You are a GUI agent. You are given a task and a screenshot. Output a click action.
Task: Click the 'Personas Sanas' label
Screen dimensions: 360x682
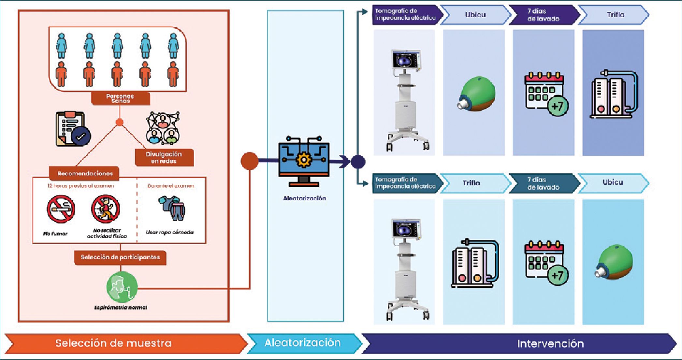[120, 98]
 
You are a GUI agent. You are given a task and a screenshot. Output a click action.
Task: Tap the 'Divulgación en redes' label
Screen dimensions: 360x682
[164, 158]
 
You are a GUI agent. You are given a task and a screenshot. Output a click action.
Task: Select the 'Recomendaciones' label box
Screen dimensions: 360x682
[85, 173]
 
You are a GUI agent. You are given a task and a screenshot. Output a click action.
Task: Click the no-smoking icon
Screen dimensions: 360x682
[61, 209]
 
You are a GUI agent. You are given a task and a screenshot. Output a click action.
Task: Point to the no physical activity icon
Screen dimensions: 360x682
[106, 209]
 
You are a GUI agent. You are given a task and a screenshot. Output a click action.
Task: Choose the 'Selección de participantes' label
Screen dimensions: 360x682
[120, 257]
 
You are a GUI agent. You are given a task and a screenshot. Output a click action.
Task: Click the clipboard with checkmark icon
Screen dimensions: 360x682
[73, 129]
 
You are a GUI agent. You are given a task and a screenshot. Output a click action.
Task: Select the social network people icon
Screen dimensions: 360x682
[163, 128]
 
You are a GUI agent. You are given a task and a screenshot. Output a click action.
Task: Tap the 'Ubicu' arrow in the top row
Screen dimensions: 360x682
[475, 15]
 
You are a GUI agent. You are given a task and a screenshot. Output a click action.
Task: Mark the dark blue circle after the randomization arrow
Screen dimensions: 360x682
[358, 161]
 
